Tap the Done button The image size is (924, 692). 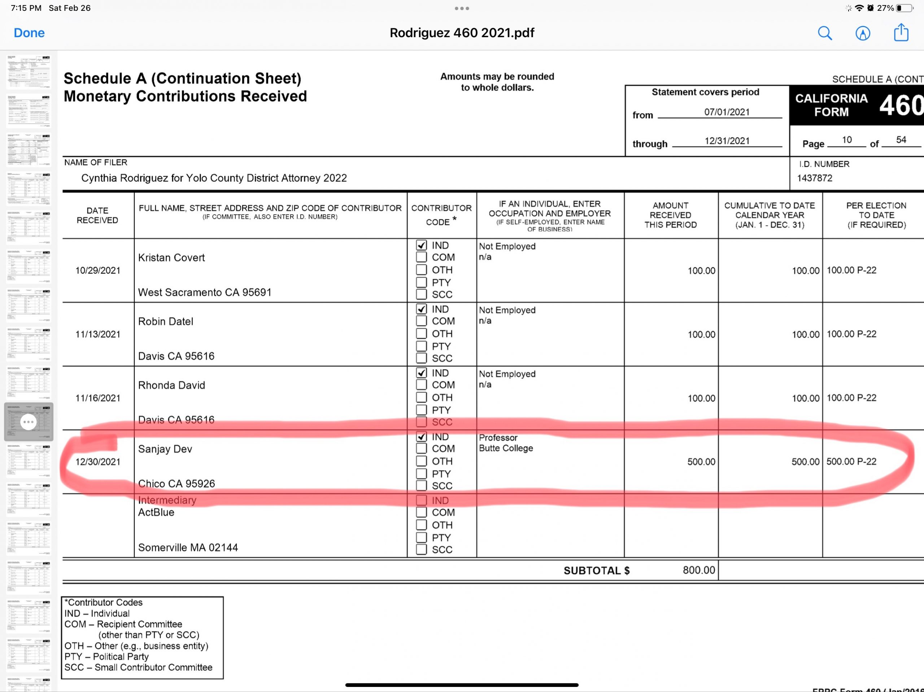(29, 33)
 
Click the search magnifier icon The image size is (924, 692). (825, 33)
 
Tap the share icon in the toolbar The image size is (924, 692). (901, 32)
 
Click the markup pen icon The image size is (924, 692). (863, 33)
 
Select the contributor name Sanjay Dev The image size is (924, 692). (165, 449)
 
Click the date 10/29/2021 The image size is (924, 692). (98, 270)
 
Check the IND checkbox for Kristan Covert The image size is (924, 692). (422, 246)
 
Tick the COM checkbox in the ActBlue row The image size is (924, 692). (422, 512)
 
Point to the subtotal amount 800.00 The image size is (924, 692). (699, 570)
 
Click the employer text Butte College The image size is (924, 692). (506, 448)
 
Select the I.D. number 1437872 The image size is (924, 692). (815, 178)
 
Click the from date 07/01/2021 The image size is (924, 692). (727, 112)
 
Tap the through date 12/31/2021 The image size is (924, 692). (727, 141)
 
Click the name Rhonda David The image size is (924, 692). (172, 385)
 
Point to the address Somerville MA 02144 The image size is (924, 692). (188, 548)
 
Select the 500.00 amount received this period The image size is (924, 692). (701, 462)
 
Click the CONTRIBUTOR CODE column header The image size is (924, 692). (441, 215)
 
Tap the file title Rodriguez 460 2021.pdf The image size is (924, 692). (462, 33)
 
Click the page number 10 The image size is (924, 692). (847, 140)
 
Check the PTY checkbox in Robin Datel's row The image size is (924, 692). (422, 346)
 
